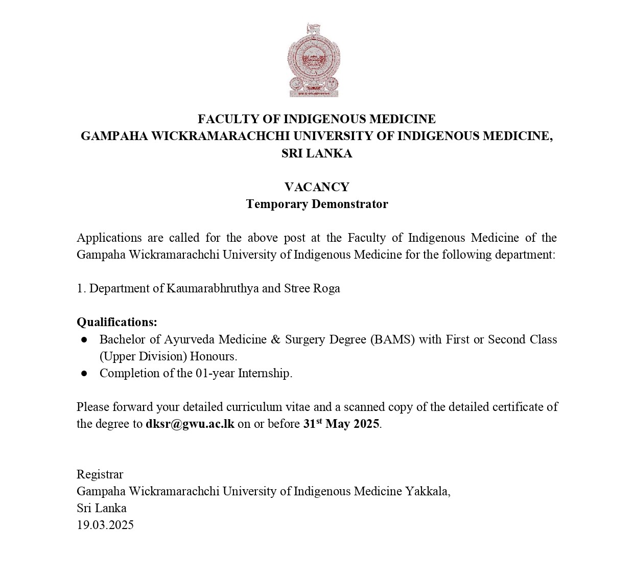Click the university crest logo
[314, 60]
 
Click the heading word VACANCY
[317, 187]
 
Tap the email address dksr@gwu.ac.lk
[190, 424]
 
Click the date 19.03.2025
[105, 525]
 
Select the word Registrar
[100, 474]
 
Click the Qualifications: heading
[117, 322]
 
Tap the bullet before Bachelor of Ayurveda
[84, 339]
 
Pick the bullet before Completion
[84, 374]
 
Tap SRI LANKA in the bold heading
[317, 153]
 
